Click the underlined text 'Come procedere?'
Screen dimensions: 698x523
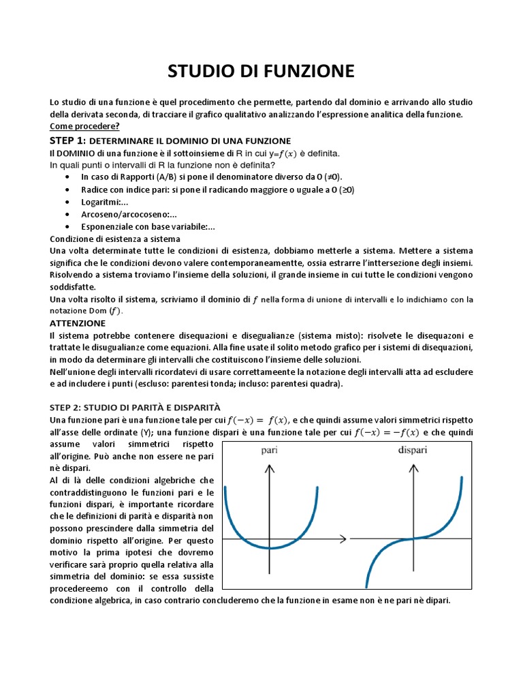coord(84,126)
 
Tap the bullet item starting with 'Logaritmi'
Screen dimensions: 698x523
coord(105,202)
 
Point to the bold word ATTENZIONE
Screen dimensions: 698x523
coord(78,323)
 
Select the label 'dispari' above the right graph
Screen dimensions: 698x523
coord(412,451)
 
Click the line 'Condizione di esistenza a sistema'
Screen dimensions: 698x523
coord(115,239)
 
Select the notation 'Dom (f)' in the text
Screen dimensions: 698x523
coord(106,311)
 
